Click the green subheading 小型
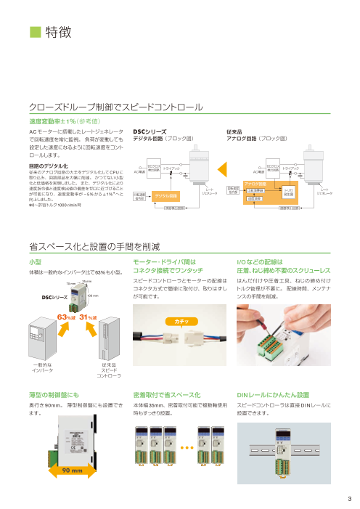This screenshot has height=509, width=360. pos(35,240)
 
